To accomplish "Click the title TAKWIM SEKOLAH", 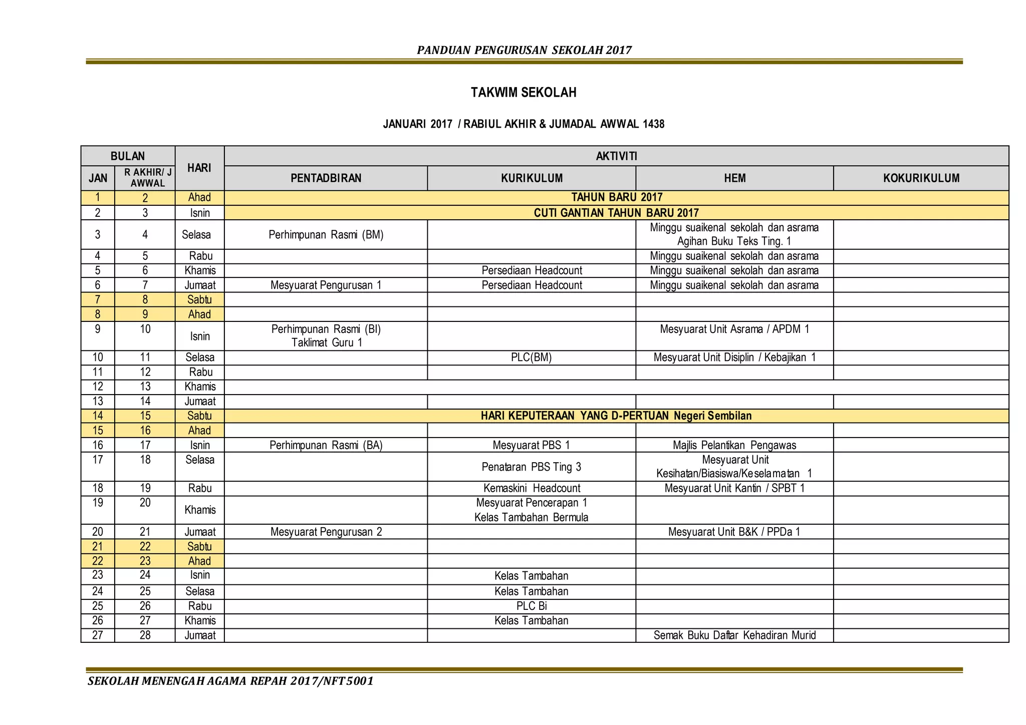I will [524, 93].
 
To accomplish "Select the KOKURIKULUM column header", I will [921, 178].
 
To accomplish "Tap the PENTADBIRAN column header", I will [326, 178].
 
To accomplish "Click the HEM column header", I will [734, 178].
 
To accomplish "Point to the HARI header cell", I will [199, 168].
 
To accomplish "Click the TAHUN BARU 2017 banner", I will [617, 198].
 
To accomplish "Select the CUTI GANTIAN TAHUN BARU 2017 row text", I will [616, 213].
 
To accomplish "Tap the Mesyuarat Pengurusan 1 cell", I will [326, 285].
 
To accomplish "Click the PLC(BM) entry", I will [531, 357].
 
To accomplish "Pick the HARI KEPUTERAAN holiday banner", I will [616, 416].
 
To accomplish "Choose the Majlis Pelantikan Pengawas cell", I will [734, 445].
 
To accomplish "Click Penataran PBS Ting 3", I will [531, 467].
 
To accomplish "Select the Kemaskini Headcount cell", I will [531, 488].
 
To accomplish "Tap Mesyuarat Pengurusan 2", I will [326, 532].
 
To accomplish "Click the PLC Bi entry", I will [531, 606].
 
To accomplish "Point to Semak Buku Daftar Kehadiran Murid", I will [734, 635].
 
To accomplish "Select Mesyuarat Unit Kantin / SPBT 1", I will [734, 488].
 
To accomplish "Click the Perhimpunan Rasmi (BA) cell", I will [326, 445].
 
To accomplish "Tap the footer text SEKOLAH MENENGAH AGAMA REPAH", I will [230, 681].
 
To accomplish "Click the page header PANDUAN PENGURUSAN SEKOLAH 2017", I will [524, 50].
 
